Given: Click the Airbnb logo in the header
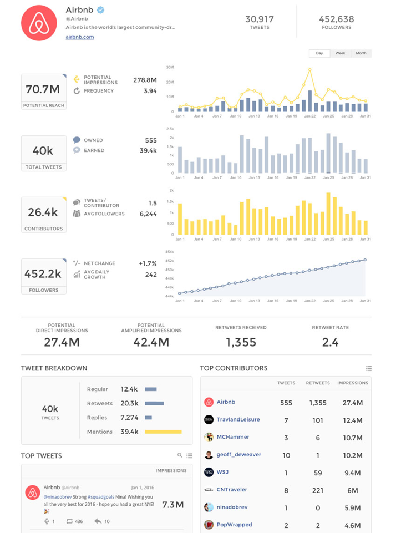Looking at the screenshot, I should pos(39,23).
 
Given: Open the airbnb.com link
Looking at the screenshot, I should pos(80,37).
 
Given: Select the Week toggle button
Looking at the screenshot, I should pos(340,53).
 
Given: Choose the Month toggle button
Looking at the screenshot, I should pos(361,53).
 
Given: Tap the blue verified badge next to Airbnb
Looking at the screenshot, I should pos(100,10).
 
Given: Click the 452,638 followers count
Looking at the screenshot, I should pos(337,19).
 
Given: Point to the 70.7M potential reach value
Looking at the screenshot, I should pos(43,89).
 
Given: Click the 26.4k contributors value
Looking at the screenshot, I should pos(43,212).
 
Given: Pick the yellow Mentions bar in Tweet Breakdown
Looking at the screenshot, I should pos(163,432).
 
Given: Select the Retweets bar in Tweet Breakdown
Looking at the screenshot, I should pos(154,403).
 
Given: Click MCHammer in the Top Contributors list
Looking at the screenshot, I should pos(233,437).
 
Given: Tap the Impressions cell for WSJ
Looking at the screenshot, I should pos(353,473).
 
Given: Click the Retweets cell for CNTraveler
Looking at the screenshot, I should pos(318,490).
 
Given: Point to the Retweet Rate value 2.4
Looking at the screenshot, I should pos(330,342).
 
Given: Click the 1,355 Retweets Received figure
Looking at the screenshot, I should pos(241,342).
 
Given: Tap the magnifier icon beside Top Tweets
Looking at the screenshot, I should pos(180,455).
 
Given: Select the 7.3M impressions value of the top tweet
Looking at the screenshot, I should pos(172,505).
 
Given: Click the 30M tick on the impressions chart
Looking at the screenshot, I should pos(170,67).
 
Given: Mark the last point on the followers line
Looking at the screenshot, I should pos(365,260).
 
